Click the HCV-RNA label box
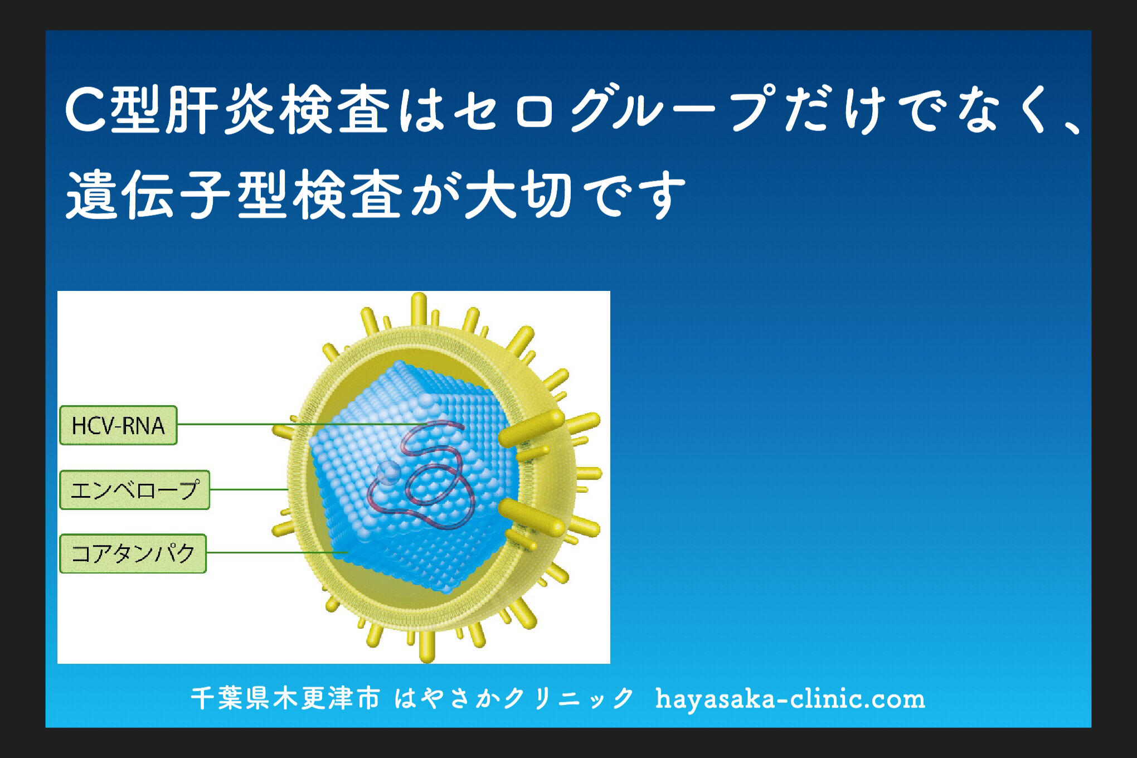tap(118, 425)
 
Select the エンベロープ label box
tap(134, 490)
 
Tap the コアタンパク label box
tap(133, 553)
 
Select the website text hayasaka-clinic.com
tap(790, 699)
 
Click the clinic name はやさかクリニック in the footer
tap(514, 699)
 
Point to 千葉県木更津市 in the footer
tap(285, 699)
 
